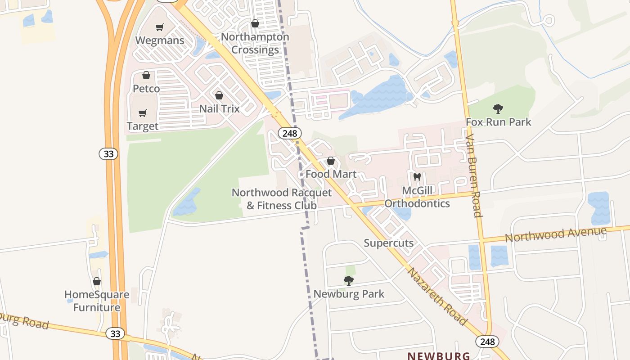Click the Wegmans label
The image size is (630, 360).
[160, 40]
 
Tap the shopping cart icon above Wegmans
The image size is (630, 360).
[159, 27]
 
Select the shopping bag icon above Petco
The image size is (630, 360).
[146, 75]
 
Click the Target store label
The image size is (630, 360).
[143, 126]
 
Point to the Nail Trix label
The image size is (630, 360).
[220, 109]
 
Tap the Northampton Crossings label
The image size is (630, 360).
[255, 43]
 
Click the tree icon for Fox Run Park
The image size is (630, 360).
[498, 108]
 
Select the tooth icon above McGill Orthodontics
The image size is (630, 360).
[417, 177]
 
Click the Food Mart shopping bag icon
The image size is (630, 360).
[331, 161]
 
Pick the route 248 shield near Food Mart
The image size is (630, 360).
[289, 133]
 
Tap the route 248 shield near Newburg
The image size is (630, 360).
[487, 342]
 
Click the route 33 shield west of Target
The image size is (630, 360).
[108, 154]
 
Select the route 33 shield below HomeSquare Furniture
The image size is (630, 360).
[116, 333]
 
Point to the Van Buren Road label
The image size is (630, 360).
[474, 175]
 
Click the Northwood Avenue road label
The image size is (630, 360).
[555, 234]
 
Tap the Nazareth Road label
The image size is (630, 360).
[437, 296]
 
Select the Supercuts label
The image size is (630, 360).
[388, 243]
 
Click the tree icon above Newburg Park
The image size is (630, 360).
[348, 281]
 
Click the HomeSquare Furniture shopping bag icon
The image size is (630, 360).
[97, 281]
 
